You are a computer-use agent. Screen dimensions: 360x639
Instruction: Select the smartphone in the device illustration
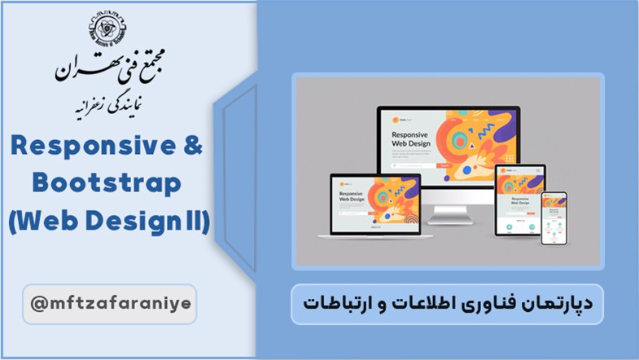point(554,219)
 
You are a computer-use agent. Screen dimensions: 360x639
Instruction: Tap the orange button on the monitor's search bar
point(445,165)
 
